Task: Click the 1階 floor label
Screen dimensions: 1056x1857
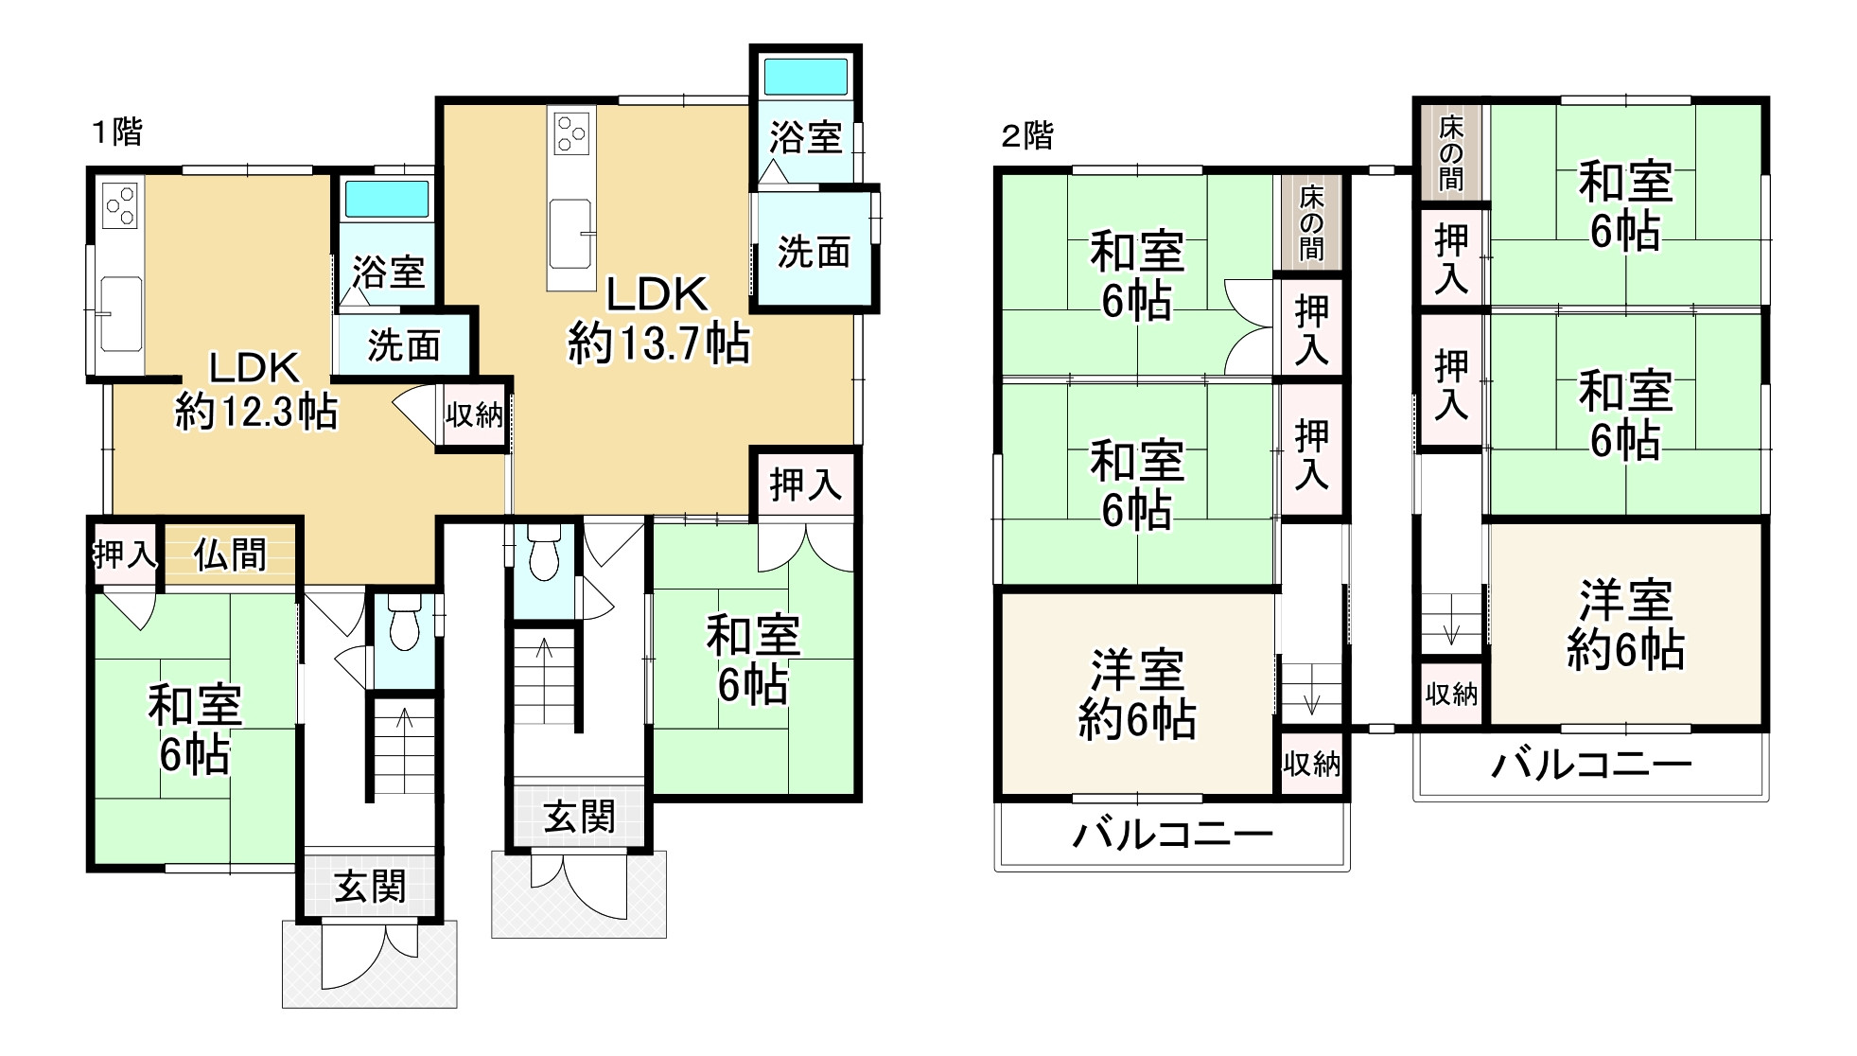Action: tap(116, 132)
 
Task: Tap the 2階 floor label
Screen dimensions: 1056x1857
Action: tap(1026, 135)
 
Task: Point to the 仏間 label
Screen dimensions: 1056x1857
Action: tap(230, 554)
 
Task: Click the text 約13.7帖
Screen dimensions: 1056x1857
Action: tap(658, 343)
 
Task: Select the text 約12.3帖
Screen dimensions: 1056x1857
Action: tap(256, 412)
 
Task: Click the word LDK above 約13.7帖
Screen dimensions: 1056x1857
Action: tap(657, 295)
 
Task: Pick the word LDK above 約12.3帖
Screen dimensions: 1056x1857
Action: tap(254, 367)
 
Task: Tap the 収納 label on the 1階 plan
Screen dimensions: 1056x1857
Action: tap(474, 414)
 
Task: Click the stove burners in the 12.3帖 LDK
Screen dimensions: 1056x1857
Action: tap(120, 205)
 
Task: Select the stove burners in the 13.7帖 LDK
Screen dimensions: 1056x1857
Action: tap(570, 132)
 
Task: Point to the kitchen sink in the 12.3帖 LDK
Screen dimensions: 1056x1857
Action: tap(120, 312)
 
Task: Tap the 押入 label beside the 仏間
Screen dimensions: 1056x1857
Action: tap(124, 554)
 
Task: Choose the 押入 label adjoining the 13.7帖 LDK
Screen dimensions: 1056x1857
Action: tap(805, 484)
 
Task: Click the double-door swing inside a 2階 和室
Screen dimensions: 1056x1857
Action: tap(1249, 326)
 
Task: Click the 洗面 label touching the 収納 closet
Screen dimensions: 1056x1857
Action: tap(403, 346)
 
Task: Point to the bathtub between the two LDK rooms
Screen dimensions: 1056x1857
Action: tap(386, 200)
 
